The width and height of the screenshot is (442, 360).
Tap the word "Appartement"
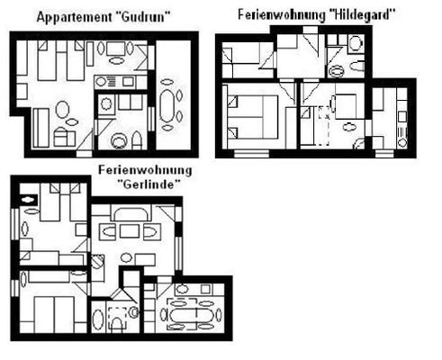(75, 17)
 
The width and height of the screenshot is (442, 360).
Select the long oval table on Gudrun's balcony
(167, 105)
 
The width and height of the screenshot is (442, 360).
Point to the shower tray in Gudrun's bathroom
(106, 104)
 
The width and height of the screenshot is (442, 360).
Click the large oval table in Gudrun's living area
(62, 110)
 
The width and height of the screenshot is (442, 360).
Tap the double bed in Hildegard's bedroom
(253, 117)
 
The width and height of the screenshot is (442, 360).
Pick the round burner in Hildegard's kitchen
(402, 142)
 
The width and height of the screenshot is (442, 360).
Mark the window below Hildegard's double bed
(251, 154)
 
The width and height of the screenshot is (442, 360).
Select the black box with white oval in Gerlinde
(29, 200)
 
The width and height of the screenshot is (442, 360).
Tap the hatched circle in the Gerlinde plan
(96, 261)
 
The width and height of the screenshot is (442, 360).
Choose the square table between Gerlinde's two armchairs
(130, 231)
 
